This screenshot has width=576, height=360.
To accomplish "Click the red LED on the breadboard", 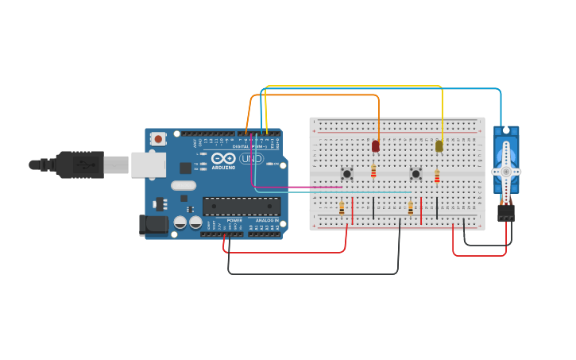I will coord(376,146).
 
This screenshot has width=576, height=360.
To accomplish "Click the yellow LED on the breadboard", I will coord(439,146).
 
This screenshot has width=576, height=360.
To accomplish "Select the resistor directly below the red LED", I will coord(373,172).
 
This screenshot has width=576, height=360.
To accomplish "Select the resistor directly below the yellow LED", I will coord(437,176).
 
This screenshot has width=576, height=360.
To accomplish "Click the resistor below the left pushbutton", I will coord(342,208).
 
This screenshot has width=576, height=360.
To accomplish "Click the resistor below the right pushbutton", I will coord(411,208).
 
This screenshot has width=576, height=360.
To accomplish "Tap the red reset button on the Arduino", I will coord(158,139).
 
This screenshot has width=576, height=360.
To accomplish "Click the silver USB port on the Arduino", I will coord(148,165).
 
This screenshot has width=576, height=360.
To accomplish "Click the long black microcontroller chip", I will coord(241,207).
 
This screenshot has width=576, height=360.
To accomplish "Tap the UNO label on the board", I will coord(251,159).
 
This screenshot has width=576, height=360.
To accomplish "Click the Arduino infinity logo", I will coord(223,158).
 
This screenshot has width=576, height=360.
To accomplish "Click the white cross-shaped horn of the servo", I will coord(505,171).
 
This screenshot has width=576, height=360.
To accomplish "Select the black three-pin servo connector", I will coord(505,213).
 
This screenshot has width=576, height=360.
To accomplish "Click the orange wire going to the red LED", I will coord(318,95).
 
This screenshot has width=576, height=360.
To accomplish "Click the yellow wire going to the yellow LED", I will coord(358,86).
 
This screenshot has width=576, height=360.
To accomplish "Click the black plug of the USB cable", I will coord(79,165).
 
